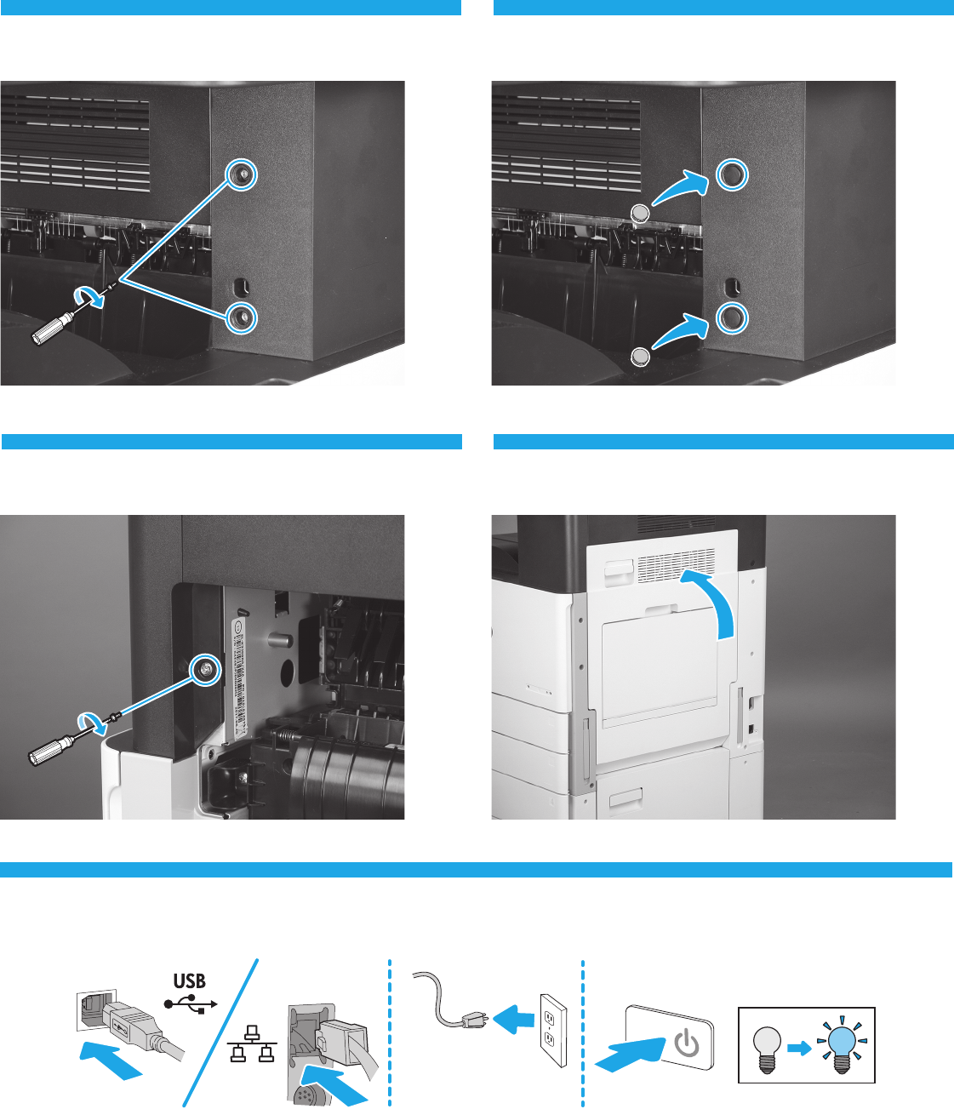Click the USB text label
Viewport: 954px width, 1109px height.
tap(190, 981)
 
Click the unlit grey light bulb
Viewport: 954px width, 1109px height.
tap(768, 1044)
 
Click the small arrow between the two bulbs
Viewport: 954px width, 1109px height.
tap(799, 1048)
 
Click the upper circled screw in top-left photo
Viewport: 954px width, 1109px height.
tap(243, 174)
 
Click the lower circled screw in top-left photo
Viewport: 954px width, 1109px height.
tap(243, 317)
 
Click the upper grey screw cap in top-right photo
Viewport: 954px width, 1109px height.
tap(640, 213)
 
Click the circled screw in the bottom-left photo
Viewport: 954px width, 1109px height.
tap(205, 669)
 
